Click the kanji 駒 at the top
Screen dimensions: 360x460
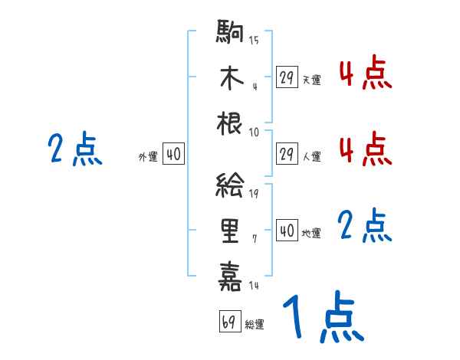click(x=231, y=33)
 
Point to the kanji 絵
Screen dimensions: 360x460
click(x=231, y=185)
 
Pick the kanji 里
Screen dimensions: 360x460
click(x=231, y=231)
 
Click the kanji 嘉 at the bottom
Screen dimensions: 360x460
click(x=231, y=276)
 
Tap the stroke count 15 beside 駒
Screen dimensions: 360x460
click(x=254, y=41)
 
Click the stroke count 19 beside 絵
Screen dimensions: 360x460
click(x=254, y=194)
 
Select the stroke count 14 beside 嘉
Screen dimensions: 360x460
click(x=254, y=285)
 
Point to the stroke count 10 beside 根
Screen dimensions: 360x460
click(x=254, y=131)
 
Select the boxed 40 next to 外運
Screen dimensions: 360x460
click(x=173, y=154)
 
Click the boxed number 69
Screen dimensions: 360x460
click(x=229, y=322)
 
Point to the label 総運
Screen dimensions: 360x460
click(x=255, y=324)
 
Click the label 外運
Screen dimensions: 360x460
click(x=148, y=156)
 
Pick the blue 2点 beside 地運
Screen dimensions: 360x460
click(x=365, y=227)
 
